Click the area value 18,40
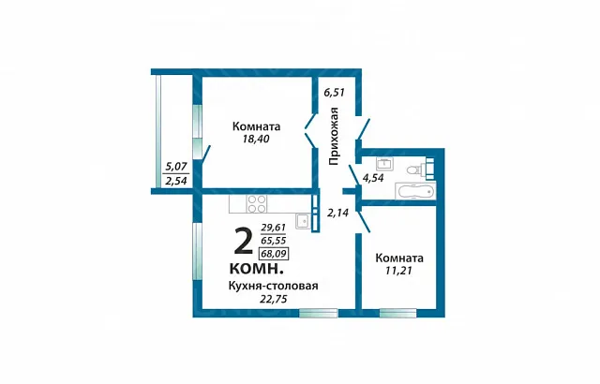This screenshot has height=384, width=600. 256,139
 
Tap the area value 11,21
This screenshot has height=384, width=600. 398,271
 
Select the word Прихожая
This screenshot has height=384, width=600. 334,137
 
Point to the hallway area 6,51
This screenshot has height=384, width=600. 334,93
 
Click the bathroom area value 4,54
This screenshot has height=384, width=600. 373,178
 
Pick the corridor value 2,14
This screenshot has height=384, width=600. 337,213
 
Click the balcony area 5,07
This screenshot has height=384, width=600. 176,167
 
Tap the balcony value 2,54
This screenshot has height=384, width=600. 176,181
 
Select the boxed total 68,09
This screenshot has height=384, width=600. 274,254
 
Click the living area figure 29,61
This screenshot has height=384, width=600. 274,228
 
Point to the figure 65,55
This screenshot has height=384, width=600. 274,241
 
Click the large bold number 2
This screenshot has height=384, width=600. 244,241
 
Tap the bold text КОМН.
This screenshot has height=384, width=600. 256,269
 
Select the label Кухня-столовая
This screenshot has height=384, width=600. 273,286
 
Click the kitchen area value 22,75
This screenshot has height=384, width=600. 273,299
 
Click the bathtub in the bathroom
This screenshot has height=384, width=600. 415,190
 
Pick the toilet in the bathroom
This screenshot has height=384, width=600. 414,169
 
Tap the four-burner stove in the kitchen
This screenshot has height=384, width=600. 257,203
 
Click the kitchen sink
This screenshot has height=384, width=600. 302,221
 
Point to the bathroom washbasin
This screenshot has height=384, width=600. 383,164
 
